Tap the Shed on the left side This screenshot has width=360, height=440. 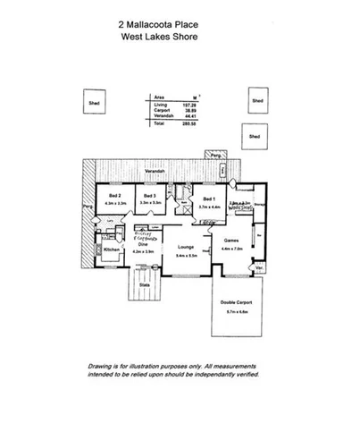(92, 100)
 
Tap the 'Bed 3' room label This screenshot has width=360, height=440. (149, 195)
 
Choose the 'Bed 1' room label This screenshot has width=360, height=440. (208, 199)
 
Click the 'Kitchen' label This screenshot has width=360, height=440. (112, 250)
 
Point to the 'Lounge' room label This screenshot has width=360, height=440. (187, 246)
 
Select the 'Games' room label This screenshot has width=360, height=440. (231, 241)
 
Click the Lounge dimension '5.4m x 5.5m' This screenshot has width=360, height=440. (187, 255)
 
